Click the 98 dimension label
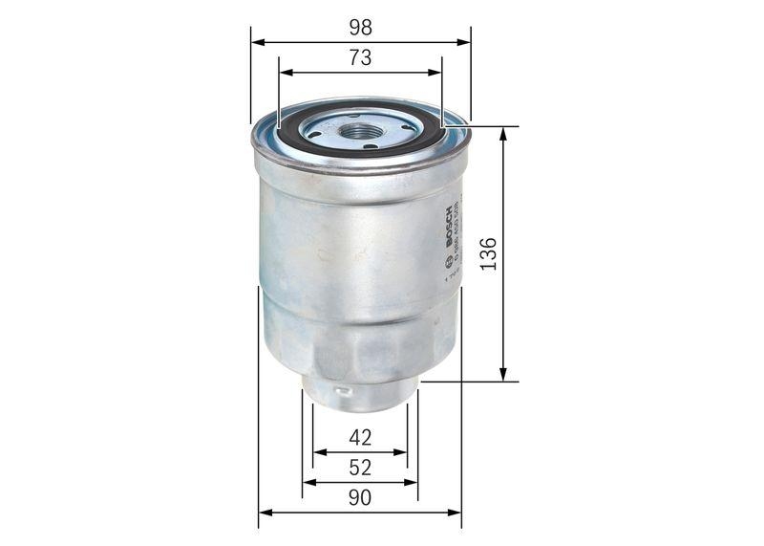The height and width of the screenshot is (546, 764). (360, 28)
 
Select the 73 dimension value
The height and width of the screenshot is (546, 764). (360, 58)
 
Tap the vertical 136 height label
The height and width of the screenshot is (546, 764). (488, 253)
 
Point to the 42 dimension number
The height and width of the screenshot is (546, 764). (360, 438)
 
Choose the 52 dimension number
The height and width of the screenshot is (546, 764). (360, 468)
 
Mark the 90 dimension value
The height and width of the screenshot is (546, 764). (360, 497)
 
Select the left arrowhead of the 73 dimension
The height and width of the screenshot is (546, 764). (285, 72)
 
